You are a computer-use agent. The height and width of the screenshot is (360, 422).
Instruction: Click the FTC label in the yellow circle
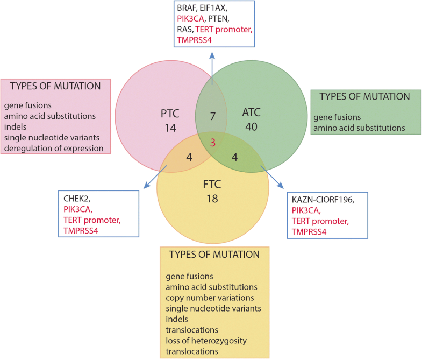coord(212,184)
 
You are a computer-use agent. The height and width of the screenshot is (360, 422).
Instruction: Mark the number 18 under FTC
coord(212,197)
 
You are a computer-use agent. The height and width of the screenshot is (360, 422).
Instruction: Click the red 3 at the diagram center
coord(213,143)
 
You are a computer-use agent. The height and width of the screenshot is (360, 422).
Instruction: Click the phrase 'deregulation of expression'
coord(54,148)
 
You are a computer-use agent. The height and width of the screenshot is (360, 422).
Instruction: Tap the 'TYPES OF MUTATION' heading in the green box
coord(364,96)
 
